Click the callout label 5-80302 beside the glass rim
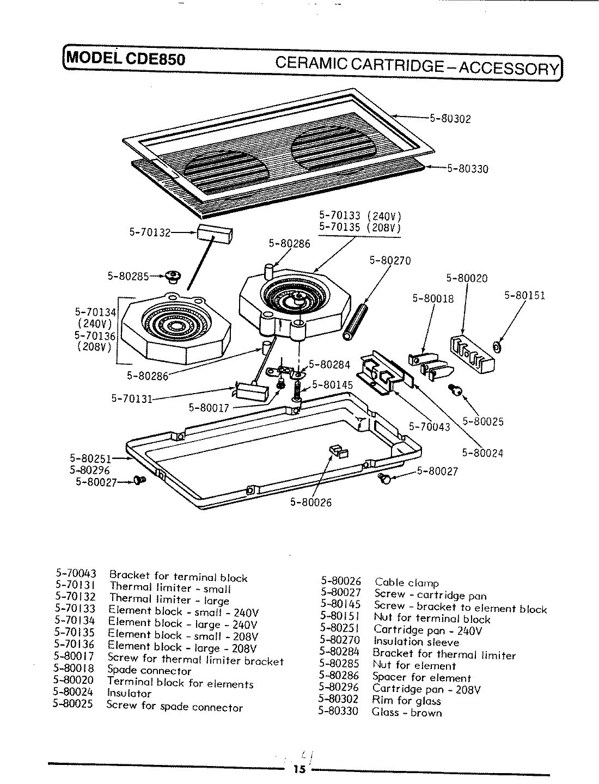[450, 119]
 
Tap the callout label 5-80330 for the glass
[468, 169]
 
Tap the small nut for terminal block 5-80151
[497, 346]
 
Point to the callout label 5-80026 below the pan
[310, 503]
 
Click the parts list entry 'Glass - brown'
[407, 713]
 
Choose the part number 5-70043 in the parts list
[76, 574]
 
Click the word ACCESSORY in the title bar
[508, 68]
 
